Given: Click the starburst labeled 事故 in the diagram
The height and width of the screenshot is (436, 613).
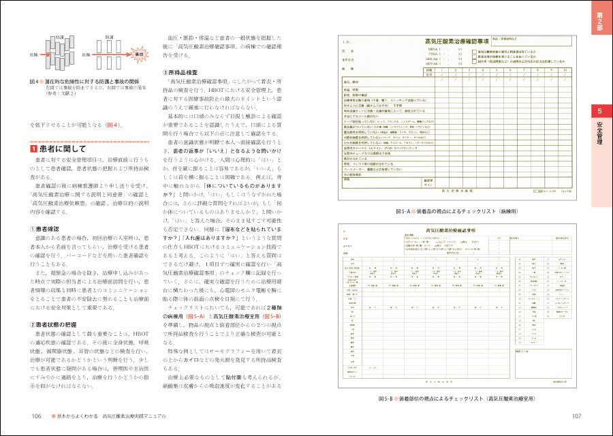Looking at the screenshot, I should [x=140, y=52].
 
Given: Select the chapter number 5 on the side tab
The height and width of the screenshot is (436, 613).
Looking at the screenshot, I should [x=599, y=111].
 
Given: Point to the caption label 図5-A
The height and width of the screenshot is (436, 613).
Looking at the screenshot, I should [x=406, y=212].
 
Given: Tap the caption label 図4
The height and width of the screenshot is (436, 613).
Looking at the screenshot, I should [x=37, y=80].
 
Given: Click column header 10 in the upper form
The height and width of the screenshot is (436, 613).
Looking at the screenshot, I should [x=564, y=69].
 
